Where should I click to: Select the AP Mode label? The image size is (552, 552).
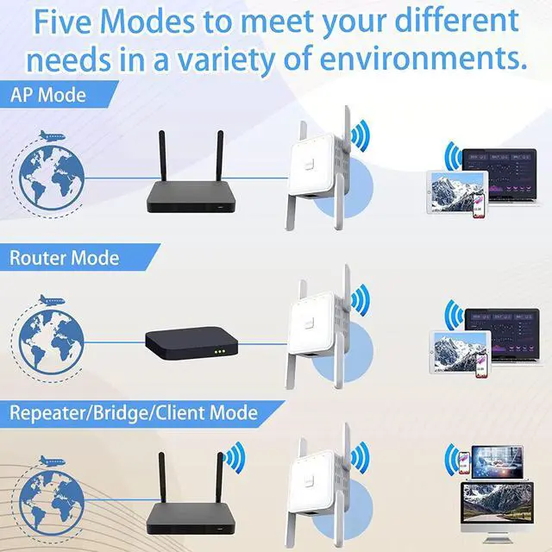pos(47,95)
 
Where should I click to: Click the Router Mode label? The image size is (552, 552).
pos(65,257)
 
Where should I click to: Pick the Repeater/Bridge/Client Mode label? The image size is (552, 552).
pos(134,412)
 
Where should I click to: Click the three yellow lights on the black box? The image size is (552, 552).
pos(219,351)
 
